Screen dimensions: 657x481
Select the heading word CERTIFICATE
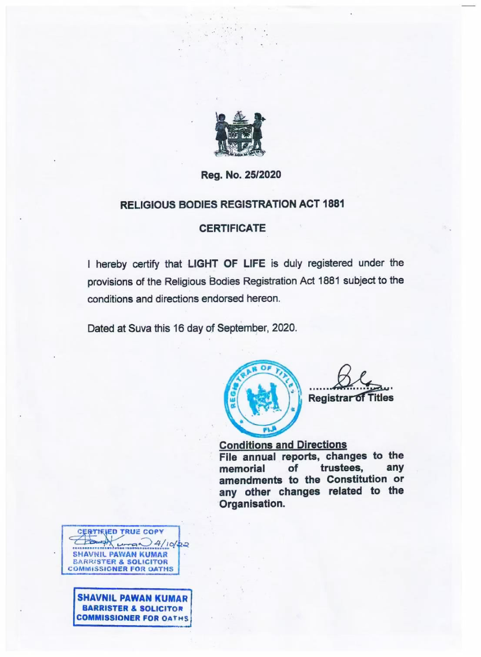point(232,228)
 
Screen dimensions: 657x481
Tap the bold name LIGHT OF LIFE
point(226,263)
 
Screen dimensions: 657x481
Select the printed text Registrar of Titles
point(351,398)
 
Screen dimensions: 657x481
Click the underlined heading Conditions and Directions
point(283,445)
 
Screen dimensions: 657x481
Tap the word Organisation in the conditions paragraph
point(252,504)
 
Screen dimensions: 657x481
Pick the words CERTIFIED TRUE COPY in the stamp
point(120,532)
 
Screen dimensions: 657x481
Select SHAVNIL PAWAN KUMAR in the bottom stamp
point(132,599)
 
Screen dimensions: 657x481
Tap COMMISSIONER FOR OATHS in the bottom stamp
point(132,618)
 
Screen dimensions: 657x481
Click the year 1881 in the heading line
point(334,204)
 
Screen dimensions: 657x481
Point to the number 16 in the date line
point(178,329)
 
